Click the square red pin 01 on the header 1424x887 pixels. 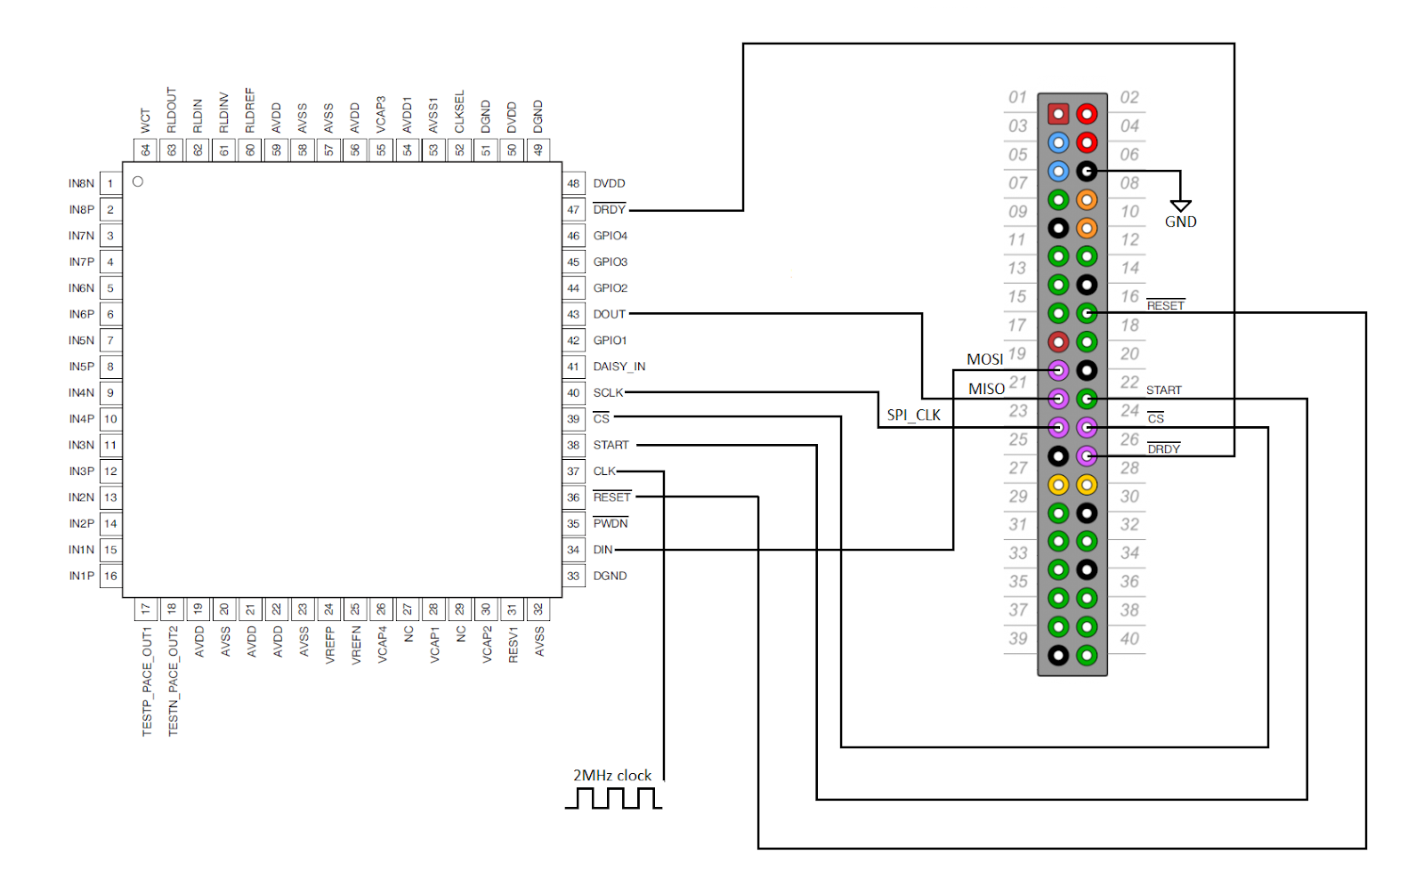point(1057,114)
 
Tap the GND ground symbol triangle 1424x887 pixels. point(1180,206)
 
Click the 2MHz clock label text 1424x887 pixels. point(611,776)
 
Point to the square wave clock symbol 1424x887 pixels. point(613,799)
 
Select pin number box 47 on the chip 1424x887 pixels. point(573,210)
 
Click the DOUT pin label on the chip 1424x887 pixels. point(609,314)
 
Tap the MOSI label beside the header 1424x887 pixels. point(984,359)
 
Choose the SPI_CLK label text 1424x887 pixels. point(913,415)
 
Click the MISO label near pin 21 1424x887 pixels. point(986,389)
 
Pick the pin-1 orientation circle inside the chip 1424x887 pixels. point(138,181)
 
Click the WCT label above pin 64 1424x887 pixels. point(145,121)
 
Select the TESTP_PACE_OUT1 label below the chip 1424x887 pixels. point(147,681)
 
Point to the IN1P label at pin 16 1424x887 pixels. point(81,576)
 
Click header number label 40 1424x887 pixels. point(1129,639)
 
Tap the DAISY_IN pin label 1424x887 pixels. point(619,367)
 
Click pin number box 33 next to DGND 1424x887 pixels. point(573,576)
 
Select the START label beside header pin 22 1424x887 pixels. point(1163,391)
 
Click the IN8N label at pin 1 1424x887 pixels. point(81,183)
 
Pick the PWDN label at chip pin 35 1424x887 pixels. point(610,524)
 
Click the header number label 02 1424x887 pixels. point(1129,98)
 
